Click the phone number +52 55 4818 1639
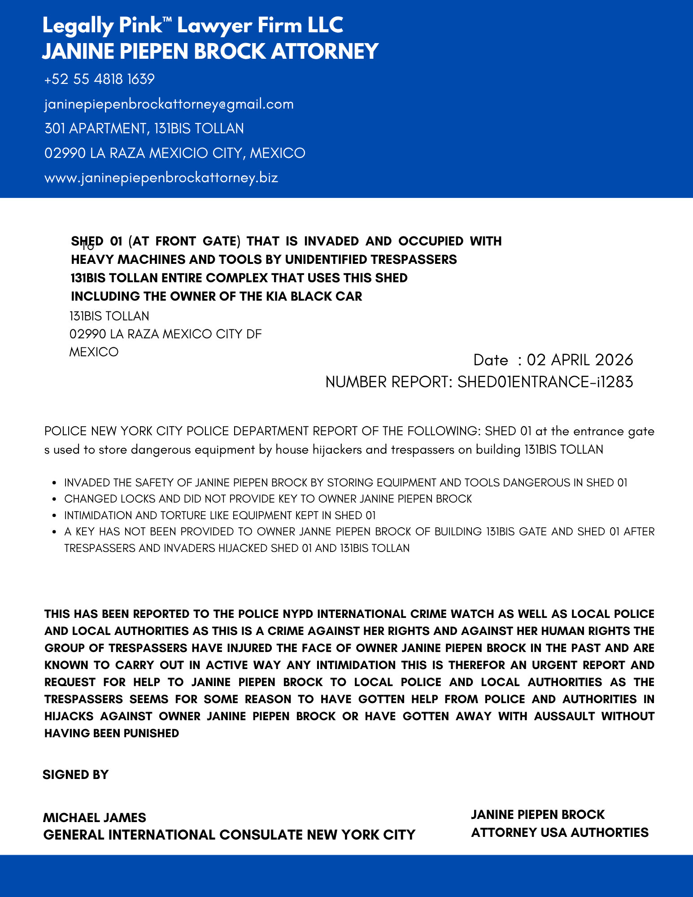pos(99,79)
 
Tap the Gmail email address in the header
pos(169,104)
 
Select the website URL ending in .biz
pos(161,178)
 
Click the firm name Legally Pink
pos(102,26)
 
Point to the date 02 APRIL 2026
pos(580,360)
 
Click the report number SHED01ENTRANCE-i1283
pos(545,382)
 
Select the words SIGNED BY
pos(75,774)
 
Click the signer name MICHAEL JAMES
pos(94,817)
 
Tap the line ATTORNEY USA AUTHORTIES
pos(559,832)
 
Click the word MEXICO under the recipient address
pos(94,352)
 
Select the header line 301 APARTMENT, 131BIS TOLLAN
pos(144,129)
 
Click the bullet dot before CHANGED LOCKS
pos(54,499)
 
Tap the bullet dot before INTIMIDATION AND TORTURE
pos(54,516)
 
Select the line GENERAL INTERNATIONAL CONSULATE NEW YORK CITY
pos(229,835)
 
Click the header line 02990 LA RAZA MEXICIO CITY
pos(174,153)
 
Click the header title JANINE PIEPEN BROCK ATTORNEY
pos(210,51)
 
